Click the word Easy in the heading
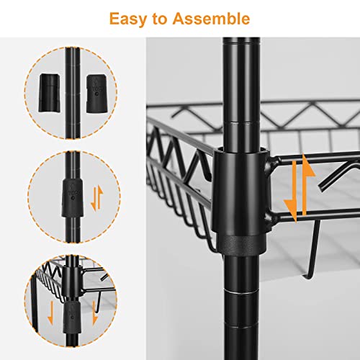[129, 19]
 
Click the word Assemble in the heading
[211, 19]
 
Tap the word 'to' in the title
[160, 19]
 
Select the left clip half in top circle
[49, 93]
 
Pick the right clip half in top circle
[97, 94]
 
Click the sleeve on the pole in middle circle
[73, 198]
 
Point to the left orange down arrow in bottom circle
[50, 312]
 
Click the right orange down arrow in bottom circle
[95, 312]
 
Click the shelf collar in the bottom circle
[71, 282]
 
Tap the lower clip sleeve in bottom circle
[72, 318]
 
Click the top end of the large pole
[241, 38]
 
